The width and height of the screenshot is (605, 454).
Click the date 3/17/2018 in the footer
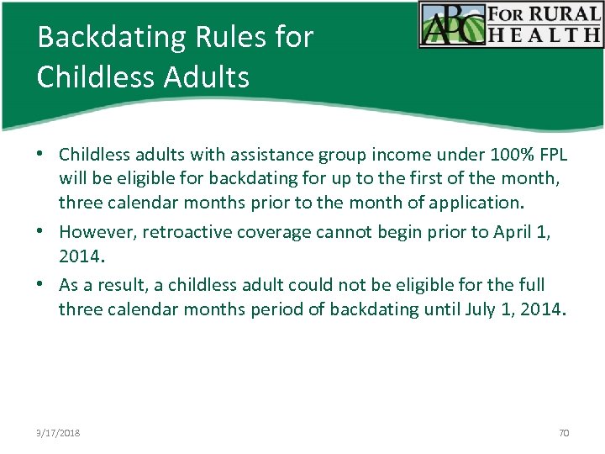click(x=59, y=433)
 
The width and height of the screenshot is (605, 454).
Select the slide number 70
click(x=564, y=433)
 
